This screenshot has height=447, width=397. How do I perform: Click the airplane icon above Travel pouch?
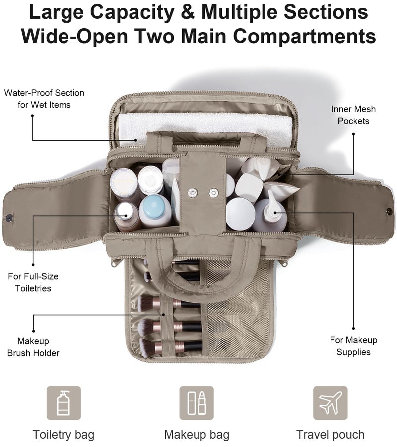click(x=330, y=403)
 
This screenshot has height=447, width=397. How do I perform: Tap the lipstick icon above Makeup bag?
click(x=202, y=403)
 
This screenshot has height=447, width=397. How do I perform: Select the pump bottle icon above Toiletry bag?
click(x=63, y=403)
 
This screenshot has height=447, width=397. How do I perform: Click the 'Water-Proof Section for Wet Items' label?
click(x=44, y=99)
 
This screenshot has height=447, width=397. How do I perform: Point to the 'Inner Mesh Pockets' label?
click(x=353, y=115)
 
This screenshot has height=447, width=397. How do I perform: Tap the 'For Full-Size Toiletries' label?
click(x=33, y=282)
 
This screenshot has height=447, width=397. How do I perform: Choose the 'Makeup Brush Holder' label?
click(x=33, y=347)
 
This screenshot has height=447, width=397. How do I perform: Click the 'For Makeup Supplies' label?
click(x=353, y=346)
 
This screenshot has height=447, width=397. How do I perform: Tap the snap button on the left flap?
click(x=9, y=218)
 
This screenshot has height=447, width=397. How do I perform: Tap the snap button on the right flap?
click(x=389, y=211)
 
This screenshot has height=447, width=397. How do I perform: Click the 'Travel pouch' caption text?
click(x=330, y=435)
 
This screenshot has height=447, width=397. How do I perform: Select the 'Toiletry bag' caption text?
click(x=63, y=435)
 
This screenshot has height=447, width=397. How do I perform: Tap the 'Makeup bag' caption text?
click(x=197, y=435)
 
